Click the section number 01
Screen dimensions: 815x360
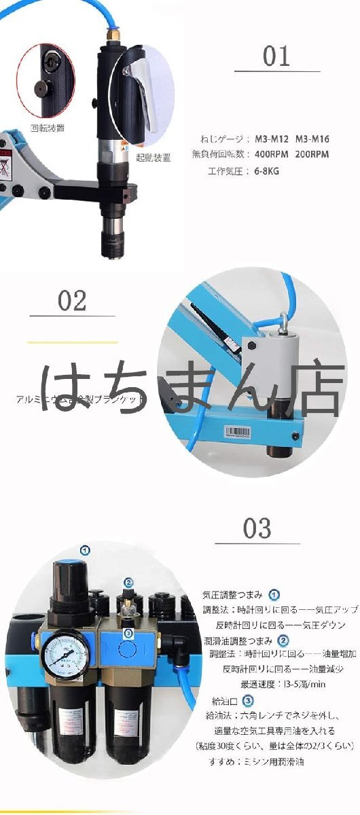click(276, 56)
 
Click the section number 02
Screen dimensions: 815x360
click(72, 301)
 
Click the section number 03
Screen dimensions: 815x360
click(257, 528)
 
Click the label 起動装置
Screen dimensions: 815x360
click(153, 157)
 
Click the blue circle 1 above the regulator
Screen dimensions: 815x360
click(86, 549)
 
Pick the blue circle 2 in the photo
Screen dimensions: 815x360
click(127, 582)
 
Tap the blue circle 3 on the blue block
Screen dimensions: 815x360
click(127, 632)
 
